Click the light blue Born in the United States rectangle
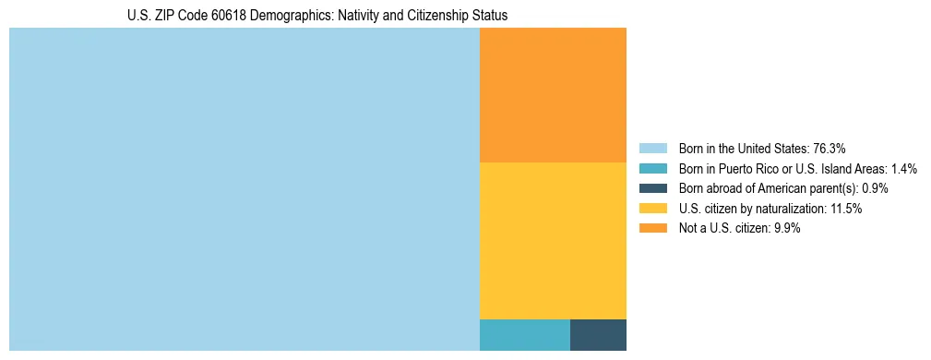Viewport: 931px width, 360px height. (245, 189)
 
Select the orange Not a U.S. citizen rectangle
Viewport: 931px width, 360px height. (553, 95)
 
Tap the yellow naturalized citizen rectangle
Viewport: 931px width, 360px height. (553, 240)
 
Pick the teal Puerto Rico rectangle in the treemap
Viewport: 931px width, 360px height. (524, 335)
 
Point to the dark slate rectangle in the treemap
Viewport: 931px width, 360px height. (598, 335)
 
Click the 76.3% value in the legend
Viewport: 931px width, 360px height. (830, 148)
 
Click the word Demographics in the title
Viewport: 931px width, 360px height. (283, 16)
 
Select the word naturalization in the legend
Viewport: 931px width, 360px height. (787, 209)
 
